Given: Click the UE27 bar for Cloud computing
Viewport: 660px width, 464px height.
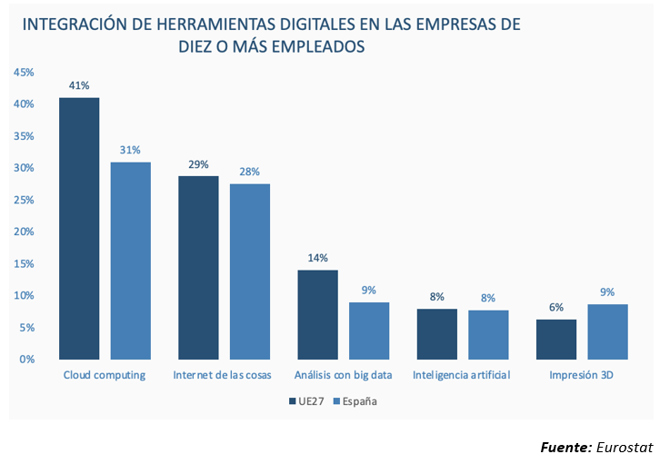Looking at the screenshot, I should pos(79,228).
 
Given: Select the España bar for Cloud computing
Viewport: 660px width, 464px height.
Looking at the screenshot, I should pos(131,261).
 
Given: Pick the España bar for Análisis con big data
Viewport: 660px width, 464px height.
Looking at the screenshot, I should pos(369,331).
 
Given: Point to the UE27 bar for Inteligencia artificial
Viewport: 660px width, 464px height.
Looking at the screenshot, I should pos(436,333).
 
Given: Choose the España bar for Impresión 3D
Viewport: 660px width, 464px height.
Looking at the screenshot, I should pos(607,331).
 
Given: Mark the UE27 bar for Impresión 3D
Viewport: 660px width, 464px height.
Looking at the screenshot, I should pos(556,339).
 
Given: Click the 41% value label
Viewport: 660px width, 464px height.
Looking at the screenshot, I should pos(79,86).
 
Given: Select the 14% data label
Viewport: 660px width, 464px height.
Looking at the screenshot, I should pos(317,258).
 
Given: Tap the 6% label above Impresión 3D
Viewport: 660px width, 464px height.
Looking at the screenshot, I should pos(556,308).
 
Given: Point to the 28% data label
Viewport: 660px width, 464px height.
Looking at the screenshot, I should pos(250,172).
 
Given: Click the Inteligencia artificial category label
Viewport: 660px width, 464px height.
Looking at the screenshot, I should pos(462,375).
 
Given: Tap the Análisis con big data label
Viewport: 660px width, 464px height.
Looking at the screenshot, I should pos(342,375).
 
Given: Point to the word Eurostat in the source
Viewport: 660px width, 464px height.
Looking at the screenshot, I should pos(624,447).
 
